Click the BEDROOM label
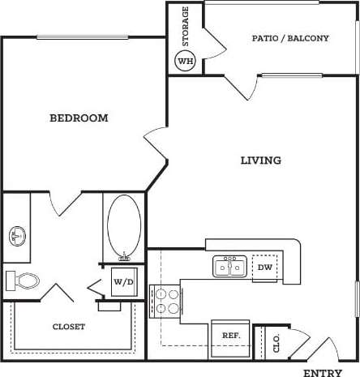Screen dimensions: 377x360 (x=79, y=118)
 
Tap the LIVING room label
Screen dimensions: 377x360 (x=261, y=161)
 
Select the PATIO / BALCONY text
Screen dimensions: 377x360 (x=290, y=38)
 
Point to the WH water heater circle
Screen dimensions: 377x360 (x=186, y=61)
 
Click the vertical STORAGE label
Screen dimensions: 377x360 (x=186, y=26)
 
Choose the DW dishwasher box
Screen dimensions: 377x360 (x=264, y=267)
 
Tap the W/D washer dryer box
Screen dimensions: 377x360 (x=123, y=282)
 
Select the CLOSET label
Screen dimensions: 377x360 (x=69, y=327)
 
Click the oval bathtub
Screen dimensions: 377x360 (x=123, y=226)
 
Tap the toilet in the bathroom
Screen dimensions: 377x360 (x=24, y=281)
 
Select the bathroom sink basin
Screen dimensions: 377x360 (x=18, y=236)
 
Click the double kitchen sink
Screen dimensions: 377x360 (x=229, y=266)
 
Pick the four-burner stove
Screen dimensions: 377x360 (x=166, y=301)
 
